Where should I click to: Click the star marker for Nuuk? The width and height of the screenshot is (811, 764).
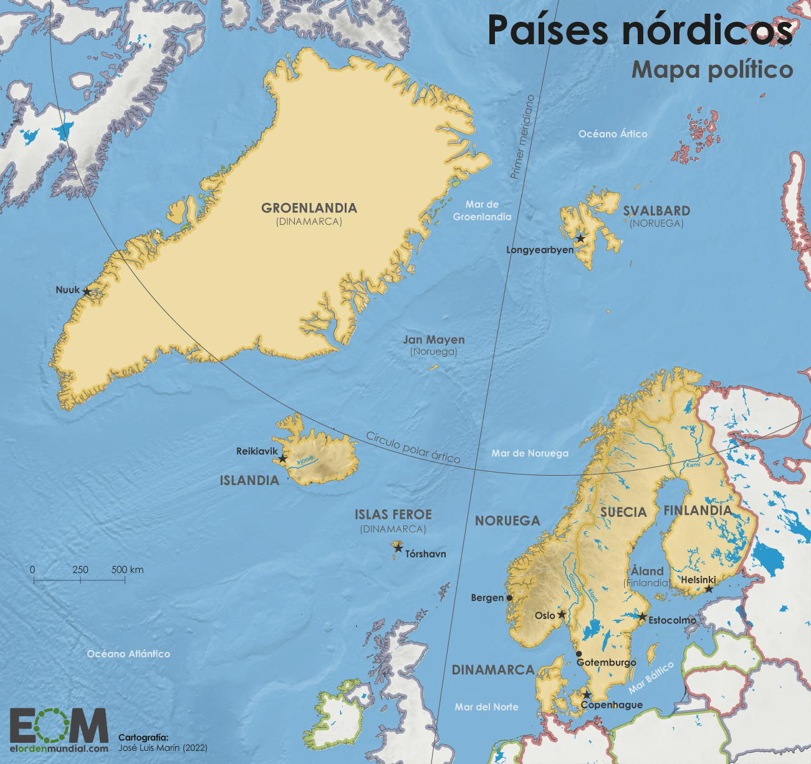[x=87, y=291]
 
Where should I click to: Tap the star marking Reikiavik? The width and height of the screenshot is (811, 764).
[x=282, y=459]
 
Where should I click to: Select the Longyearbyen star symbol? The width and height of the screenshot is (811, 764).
[x=580, y=238]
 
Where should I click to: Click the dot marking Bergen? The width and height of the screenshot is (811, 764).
[x=509, y=598]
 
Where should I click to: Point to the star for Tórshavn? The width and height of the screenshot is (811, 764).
[x=398, y=548]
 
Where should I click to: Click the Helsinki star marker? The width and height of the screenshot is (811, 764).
[x=709, y=588]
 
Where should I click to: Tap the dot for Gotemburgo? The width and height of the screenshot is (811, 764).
[x=579, y=654]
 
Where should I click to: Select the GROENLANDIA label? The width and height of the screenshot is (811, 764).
[x=309, y=208]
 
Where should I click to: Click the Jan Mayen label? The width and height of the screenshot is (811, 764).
[x=434, y=340]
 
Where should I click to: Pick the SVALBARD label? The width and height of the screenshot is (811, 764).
[x=656, y=211]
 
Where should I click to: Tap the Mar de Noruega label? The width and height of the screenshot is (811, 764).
[x=530, y=453]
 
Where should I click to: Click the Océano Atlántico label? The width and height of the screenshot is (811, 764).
[x=128, y=654]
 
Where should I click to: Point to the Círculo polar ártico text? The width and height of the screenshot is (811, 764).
[x=413, y=447]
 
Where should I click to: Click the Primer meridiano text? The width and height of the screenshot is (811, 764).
[x=522, y=137]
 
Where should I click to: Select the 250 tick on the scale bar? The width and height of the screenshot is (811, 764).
[x=80, y=580]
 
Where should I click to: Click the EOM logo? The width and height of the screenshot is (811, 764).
[x=59, y=725]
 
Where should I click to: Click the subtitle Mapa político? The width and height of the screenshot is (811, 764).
[x=712, y=69]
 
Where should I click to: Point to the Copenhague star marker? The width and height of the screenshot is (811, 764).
[x=587, y=695]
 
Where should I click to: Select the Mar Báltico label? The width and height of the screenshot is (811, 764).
[x=651, y=677]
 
